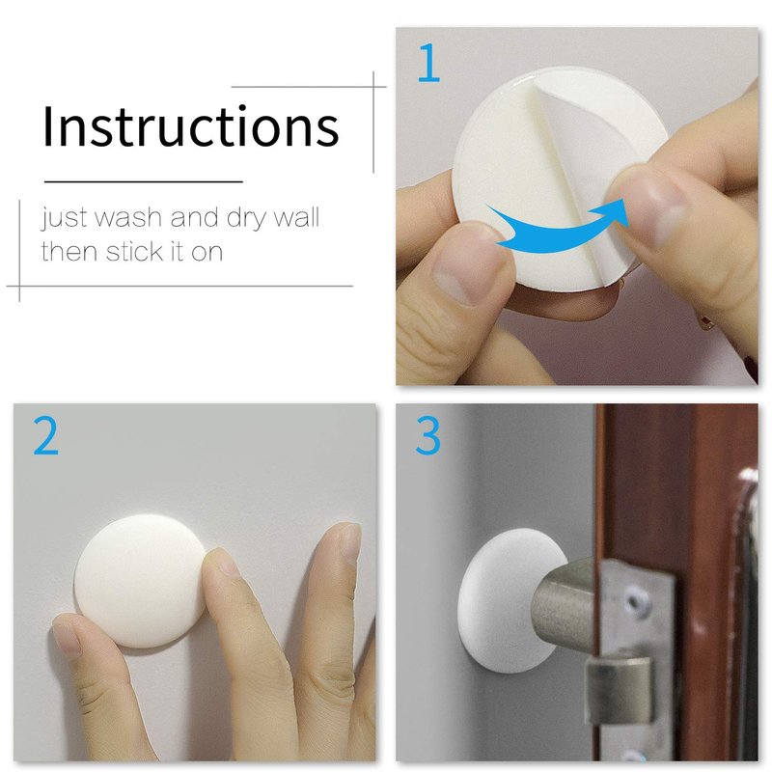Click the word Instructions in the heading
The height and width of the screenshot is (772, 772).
[191, 125]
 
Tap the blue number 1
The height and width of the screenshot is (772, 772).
[428, 63]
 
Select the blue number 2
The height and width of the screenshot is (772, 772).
[45, 435]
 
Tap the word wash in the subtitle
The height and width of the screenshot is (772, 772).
[127, 217]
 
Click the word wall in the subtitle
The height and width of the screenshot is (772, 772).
[296, 217]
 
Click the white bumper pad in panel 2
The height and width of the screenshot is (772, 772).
[141, 581]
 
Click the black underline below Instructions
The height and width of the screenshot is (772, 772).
[144, 181]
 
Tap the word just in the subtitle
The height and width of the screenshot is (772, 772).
[65, 218]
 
